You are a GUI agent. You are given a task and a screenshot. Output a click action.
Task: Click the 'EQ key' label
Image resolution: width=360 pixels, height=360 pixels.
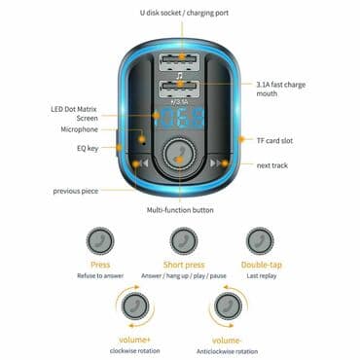(89, 148)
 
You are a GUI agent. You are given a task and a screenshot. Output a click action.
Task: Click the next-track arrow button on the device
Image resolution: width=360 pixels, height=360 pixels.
(218, 164)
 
